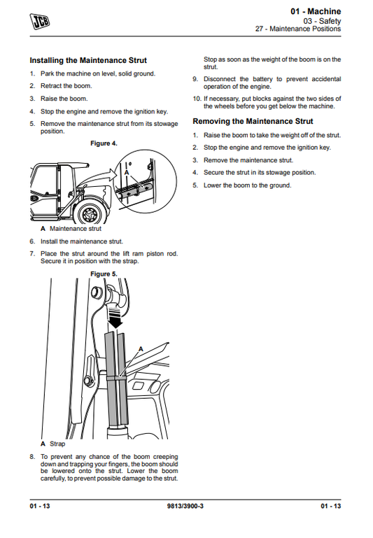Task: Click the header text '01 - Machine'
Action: pyautogui.click(x=316, y=11)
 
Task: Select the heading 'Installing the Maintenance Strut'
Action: pyautogui.click(x=88, y=61)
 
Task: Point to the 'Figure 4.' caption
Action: pyautogui.click(x=104, y=143)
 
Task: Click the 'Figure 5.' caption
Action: pyautogui.click(x=104, y=274)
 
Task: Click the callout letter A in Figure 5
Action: pyautogui.click(x=141, y=348)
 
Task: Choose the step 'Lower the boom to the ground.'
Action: pyautogui.click(x=247, y=185)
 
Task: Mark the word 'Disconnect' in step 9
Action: pyautogui.click(x=220, y=80)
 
